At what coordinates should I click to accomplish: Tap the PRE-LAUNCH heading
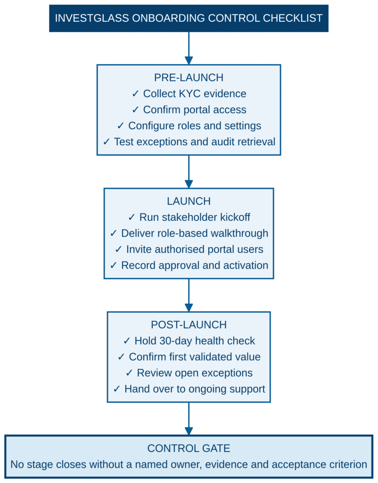tap(189, 78)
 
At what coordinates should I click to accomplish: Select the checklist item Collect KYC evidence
tap(195, 94)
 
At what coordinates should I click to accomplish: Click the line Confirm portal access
tap(195, 109)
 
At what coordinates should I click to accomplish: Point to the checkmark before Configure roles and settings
tap(120, 125)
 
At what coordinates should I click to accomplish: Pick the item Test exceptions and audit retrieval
tap(195, 142)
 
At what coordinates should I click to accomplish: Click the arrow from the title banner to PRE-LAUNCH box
tap(189, 49)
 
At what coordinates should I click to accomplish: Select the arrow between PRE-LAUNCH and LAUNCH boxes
tap(189, 172)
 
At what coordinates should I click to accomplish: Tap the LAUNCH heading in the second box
tap(189, 201)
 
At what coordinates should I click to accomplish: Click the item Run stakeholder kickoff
tap(195, 217)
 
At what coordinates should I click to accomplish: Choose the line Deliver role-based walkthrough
tap(195, 233)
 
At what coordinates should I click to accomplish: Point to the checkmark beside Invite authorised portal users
tap(118, 249)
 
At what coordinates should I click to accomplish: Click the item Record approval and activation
tap(195, 265)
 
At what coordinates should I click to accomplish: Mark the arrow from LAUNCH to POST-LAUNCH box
tap(189, 295)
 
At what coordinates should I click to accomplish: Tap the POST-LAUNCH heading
tap(189, 325)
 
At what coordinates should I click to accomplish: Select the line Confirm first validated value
tap(195, 357)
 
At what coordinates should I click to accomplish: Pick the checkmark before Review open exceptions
tap(129, 373)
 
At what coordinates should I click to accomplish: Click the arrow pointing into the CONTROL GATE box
tap(189, 419)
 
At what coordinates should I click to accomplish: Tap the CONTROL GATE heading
tap(189, 448)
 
